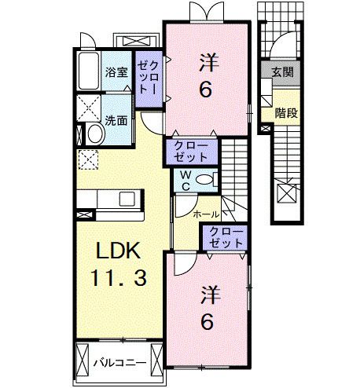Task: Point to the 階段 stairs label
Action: point(286,112)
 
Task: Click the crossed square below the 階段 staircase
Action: point(286,192)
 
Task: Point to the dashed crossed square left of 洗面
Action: point(88,107)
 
